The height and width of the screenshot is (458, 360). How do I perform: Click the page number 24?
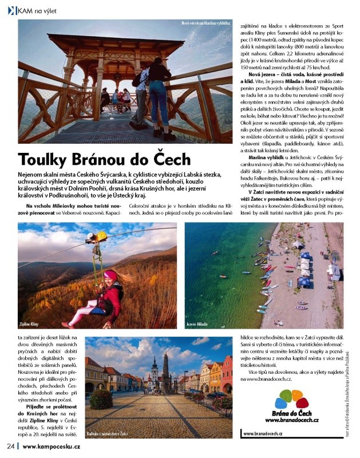(10, 447)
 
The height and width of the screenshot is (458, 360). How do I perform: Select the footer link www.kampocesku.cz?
(55, 447)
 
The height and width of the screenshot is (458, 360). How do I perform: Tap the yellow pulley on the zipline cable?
(101, 235)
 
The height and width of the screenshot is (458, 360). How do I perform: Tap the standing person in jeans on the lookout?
(158, 94)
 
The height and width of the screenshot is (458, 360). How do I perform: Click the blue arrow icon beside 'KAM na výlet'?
(10, 10)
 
